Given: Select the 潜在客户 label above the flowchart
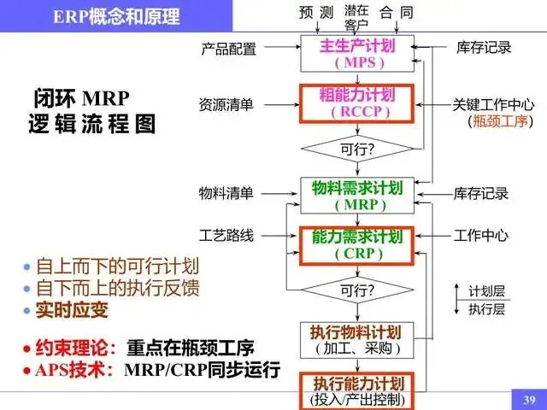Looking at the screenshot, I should (x=356, y=17).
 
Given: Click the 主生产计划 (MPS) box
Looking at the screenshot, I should (x=357, y=54).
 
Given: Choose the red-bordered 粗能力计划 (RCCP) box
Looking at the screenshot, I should (x=357, y=103).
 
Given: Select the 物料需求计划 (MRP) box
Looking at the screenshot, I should (x=357, y=196).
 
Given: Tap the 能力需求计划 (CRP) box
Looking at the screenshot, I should (x=357, y=244).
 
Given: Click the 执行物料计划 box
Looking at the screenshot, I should (x=357, y=339).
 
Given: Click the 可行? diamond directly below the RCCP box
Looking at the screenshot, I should (x=357, y=149).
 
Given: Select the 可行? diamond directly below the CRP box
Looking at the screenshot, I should (x=357, y=290).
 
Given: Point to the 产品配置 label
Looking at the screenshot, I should (x=228, y=49).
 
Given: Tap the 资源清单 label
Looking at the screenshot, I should (x=226, y=104).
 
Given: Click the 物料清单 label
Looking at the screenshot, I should (x=226, y=193).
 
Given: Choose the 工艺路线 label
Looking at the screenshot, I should (x=226, y=235).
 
